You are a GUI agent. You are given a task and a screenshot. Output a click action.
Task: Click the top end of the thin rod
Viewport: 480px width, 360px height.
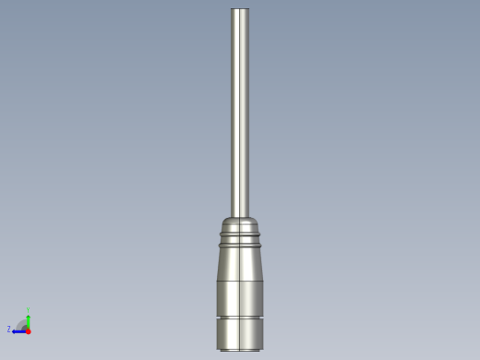click(240, 10)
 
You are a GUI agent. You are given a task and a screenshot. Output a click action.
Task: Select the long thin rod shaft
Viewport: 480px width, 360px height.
click(240, 111)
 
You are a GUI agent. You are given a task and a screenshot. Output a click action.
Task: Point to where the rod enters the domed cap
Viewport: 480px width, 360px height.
click(240, 216)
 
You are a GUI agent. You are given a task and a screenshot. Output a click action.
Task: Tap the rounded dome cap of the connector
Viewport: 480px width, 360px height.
click(240, 224)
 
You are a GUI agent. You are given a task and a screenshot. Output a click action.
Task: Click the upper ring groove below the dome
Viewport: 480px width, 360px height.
click(240, 235)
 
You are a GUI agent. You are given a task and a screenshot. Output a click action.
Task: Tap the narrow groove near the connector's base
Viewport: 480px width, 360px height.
click(240, 317)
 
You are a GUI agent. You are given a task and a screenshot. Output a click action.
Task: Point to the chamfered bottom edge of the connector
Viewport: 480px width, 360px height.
click(240, 349)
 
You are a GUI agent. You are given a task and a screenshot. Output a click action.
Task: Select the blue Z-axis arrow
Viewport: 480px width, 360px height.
click(18, 330)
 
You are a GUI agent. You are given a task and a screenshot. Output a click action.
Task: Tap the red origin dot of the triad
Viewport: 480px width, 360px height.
click(29, 330)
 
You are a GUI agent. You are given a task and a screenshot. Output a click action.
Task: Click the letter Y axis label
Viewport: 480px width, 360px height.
click(29, 309)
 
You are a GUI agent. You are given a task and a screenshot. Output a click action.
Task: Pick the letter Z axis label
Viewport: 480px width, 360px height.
click(9, 330)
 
